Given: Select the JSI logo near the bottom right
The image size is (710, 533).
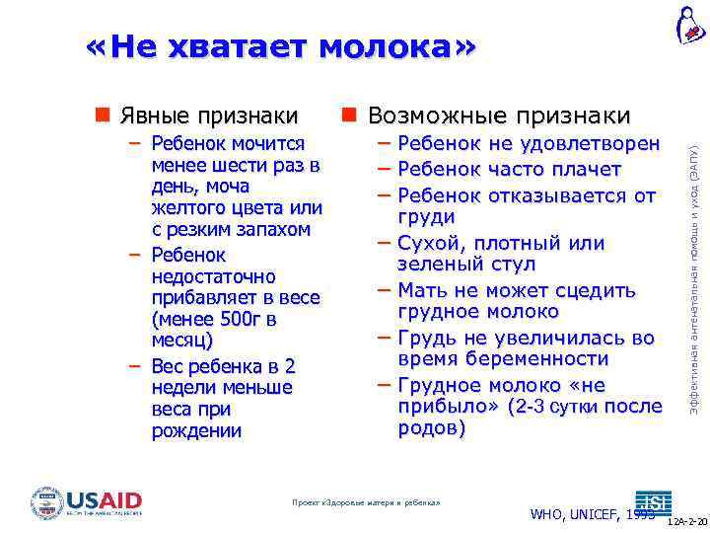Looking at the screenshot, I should pos(653,500).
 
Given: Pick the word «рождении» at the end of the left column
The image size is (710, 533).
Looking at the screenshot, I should pos(196,430).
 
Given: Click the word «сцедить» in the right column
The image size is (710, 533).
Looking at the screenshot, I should pos(599,290).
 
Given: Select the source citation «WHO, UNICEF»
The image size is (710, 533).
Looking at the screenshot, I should pos(576,513).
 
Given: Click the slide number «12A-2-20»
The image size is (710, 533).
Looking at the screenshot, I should pos(687,521).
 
